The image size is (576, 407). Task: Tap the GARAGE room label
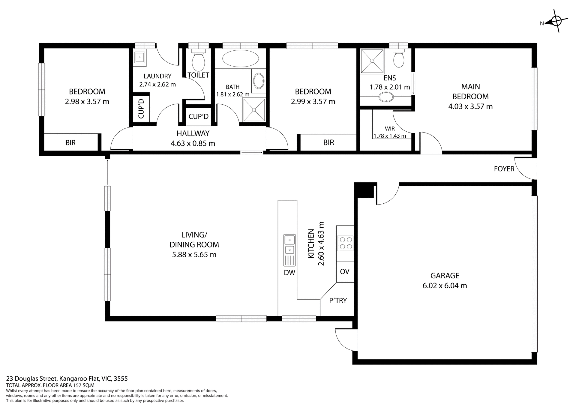[x=445, y=275]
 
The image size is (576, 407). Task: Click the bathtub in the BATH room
[x=241, y=58]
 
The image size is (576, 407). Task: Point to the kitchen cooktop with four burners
[x=345, y=243]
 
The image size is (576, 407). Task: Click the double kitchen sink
[x=289, y=244]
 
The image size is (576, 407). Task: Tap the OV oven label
[x=345, y=272]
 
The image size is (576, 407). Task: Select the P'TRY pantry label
[x=338, y=301]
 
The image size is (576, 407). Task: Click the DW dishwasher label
[x=289, y=273]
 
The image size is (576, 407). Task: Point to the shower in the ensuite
[x=372, y=61]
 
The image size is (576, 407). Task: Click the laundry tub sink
[x=140, y=57]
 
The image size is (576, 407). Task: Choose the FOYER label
[x=504, y=169]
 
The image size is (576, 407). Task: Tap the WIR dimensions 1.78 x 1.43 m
[x=390, y=136]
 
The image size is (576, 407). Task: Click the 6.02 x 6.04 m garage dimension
[x=445, y=286]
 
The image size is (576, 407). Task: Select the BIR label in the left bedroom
[x=70, y=143]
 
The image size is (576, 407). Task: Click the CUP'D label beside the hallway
[x=198, y=116]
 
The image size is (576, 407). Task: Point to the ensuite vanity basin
[x=386, y=97]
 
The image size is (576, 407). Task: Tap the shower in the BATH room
[x=254, y=110]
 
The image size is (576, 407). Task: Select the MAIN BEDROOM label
[x=470, y=91]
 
